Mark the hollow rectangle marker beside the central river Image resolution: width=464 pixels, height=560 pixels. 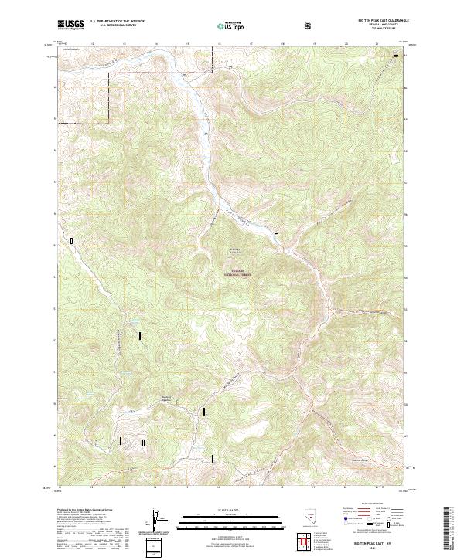275,232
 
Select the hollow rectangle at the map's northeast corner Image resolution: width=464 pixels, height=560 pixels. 397,55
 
